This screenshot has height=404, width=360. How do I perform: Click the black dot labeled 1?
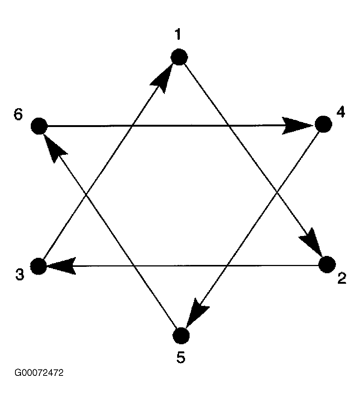pyautogui.click(x=179, y=57)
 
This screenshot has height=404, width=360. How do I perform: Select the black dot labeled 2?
pyautogui.click(x=327, y=264)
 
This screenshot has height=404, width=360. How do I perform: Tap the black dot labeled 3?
pyautogui.click(x=39, y=266)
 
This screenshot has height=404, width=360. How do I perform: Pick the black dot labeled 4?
pyautogui.click(x=324, y=124)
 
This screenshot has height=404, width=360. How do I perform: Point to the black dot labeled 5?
pyautogui.click(x=181, y=336)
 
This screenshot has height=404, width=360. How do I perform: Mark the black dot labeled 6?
pyautogui.click(x=39, y=126)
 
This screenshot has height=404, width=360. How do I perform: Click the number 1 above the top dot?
pyautogui.click(x=178, y=34)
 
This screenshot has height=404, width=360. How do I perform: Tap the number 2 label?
pyautogui.click(x=342, y=278)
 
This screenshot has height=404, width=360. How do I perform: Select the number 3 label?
pyautogui.click(x=20, y=274)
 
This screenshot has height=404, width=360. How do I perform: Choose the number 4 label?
pyautogui.click(x=341, y=112)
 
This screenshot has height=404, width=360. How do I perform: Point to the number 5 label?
pyautogui.click(x=181, y=357)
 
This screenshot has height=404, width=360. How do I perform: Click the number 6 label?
pyautogui.click(x=18, y=114)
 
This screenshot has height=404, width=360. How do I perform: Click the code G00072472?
pyautogui.click(x=39, y=373)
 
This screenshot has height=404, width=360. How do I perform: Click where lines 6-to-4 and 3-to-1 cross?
pyautogui.click(x=132, y=126)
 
